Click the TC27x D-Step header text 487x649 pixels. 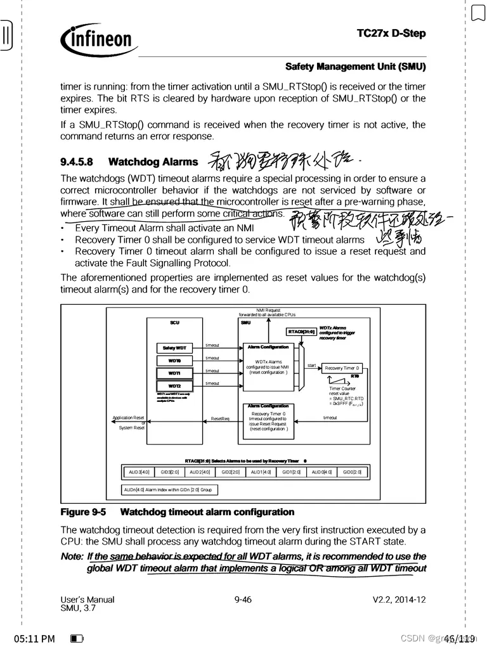(x=391, y=33)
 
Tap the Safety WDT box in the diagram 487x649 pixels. (x=174, y=348)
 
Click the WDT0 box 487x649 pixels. (x=174, y=361)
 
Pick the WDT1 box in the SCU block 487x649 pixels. (x=174, y=373)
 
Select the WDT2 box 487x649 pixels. (x=174, y=386)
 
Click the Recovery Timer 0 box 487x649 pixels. (x=342, y=368)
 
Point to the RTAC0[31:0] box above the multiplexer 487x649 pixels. (x=301, y=331)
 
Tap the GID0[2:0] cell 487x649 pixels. (x=352, y=472)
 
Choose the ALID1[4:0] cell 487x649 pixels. (x=260, y=472)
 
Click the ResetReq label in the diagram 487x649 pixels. (x=220, y=418)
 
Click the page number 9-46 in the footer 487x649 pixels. (x=243, y=600)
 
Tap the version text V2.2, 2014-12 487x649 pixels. (x=399, y=600)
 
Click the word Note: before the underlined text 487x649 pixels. (x=72, y=556)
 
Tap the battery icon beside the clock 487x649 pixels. (x=77, y=638)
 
